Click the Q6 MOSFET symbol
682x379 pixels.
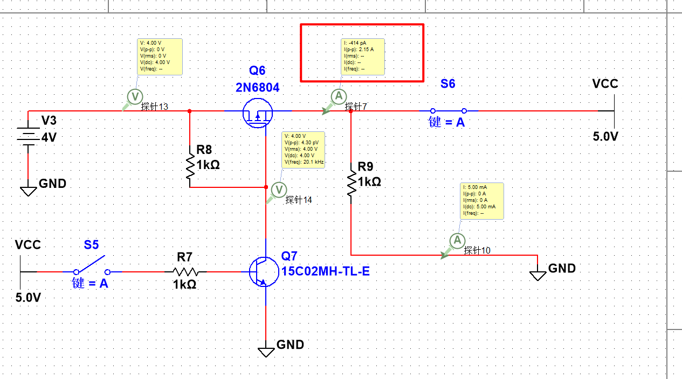pyautogui.click(x=257, y=111)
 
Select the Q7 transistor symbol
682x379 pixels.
pyautogui.click(x=261, y=271)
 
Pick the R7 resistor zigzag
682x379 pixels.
pyautogui.click(x=186, y=272)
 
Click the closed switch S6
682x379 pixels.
pyautogui.click(x=448, y=111)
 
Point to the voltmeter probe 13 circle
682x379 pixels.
pyautogui.click(x=134, y=96)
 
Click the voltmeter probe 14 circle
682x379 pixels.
pyautogui.click(x=279, y=189)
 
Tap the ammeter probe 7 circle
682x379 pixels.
pyautogui.click(x=339, y=96)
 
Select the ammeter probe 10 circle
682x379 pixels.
pyautogui.click(x=457, y=240)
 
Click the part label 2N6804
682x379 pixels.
pyautogui.click(x=257, y=88)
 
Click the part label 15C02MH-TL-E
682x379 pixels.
pyautogui.click(x=326, y=271)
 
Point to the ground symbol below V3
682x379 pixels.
pyautogui.click(x=28, y=189)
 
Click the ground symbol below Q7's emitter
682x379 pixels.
pyautogui.click(x=266, y=351)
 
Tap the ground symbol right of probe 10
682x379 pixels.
pyautogui.click(x=538, y=275)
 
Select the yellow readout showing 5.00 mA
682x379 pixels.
pyautogui.click(x=482, y=200)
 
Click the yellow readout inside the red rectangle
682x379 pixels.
pyautogui.click(x=363, y=56)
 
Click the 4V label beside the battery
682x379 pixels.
pyautogui.click(x=49, y=138)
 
